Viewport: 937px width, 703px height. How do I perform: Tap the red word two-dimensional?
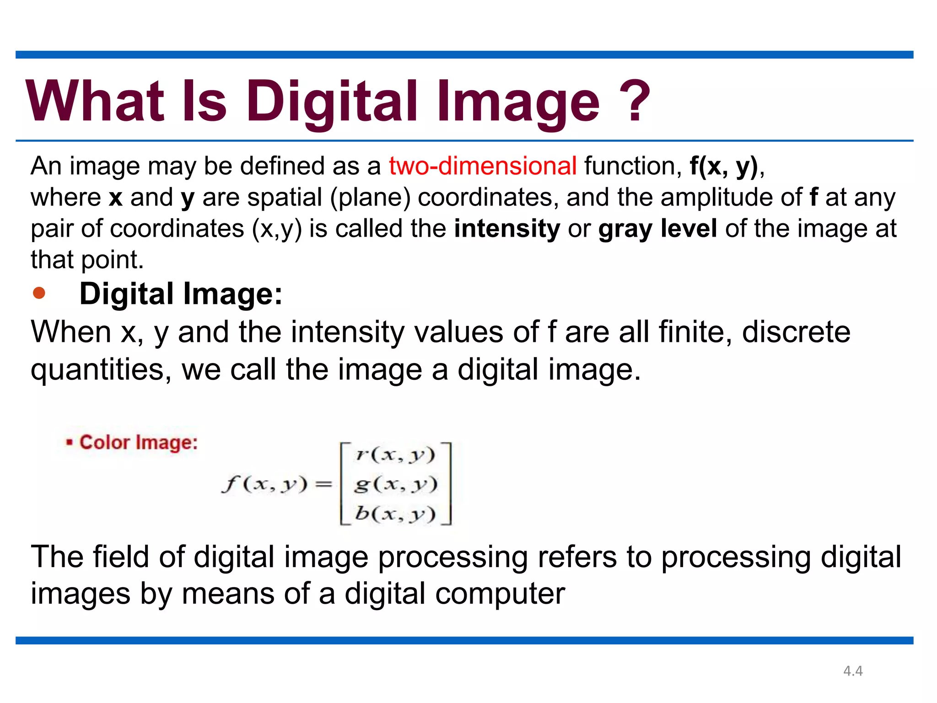[x=482, y=166]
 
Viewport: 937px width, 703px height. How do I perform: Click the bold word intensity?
[x=506, y=228]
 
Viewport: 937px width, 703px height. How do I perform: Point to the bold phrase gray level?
[x=657, y=228]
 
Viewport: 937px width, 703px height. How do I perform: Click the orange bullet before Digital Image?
[x=39, y=293]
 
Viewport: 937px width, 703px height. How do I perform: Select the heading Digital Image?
[x=181, y=293]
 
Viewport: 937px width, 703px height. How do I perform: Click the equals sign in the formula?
[x=323, y=484]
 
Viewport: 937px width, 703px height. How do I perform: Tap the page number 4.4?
[x=853, y=671]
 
